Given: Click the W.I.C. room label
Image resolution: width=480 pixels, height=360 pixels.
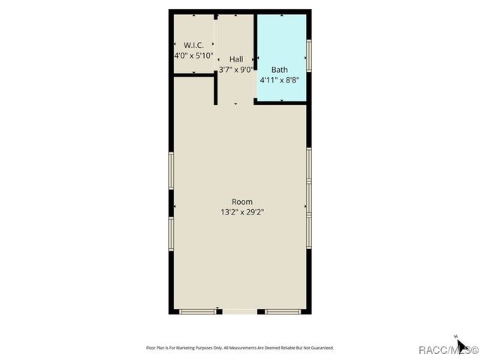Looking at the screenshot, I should tap(194, 45).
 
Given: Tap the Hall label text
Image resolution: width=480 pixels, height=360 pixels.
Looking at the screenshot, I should tap(236, 59).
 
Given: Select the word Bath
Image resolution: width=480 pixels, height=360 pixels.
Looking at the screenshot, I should tap(279, 69).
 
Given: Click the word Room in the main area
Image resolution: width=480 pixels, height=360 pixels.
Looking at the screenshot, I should tap(241, 202).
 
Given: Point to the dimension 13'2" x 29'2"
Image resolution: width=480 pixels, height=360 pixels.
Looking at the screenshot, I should tap(241, 212).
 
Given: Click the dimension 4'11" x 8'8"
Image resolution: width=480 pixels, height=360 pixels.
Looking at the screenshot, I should tap(279, 79).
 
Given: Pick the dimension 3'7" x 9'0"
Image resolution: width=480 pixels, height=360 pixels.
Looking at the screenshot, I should tap(236, 70).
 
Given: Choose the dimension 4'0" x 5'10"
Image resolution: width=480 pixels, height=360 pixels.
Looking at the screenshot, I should tap(194, 55).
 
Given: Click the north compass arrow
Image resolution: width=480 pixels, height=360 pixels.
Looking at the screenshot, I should tap(462, 344).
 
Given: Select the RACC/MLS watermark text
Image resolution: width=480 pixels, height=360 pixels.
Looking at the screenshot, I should tap(448, 349).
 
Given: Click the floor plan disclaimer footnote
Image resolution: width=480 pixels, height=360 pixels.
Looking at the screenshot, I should tap(239, 348).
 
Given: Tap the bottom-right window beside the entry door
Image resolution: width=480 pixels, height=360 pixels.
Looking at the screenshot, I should tap(283, 311).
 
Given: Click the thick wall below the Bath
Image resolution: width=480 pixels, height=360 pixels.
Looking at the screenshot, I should tap(281, 101).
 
